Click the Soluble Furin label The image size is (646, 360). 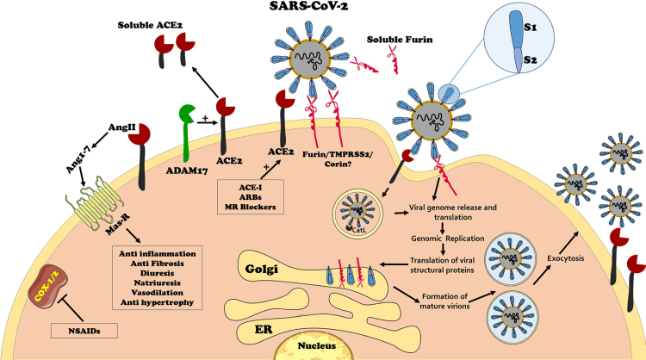point(398,40)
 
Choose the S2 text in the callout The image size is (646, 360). point(531,60)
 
